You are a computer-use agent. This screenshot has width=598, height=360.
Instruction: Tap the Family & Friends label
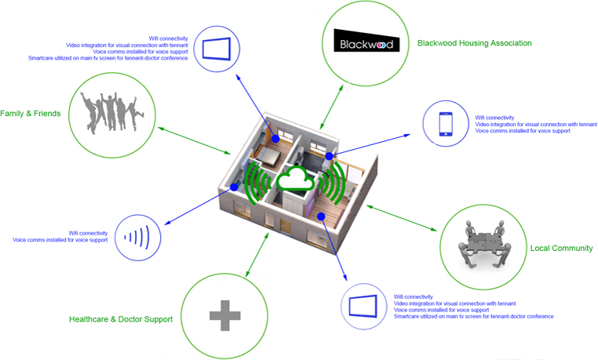tap(31, 114)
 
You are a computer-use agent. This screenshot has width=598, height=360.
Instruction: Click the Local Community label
tap(561, 249)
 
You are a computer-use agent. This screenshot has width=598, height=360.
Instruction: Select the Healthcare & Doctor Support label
tap(121, 319)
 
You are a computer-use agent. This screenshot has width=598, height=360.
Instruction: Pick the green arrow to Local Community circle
tap(400, 219)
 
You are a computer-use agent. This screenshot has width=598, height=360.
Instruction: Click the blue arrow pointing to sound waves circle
tap(196, 208)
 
